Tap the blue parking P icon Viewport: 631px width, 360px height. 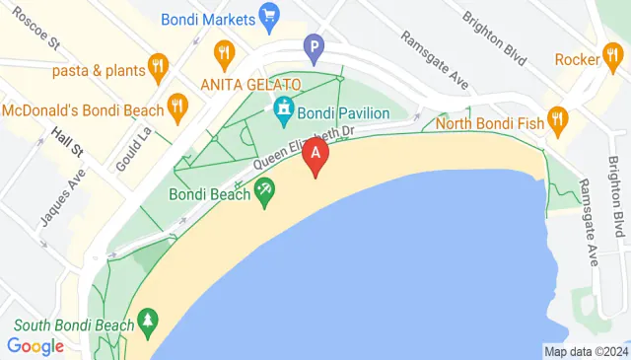point(314,45)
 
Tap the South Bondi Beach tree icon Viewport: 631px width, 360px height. point(148,321)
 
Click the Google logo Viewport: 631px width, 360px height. point(35,346)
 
